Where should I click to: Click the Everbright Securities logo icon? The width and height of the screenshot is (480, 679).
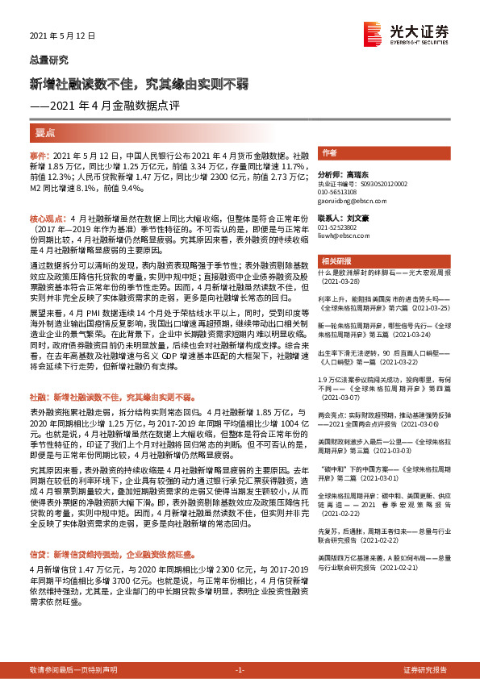[373, 31]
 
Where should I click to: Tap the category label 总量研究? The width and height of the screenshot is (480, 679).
[48, 60]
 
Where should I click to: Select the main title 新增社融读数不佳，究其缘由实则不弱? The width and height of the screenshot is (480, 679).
[138, 84]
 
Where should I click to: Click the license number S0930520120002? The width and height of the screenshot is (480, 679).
[362, 184]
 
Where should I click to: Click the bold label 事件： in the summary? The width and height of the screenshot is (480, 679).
[40, 153]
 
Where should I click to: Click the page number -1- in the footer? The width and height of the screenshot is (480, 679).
[239, 648]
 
